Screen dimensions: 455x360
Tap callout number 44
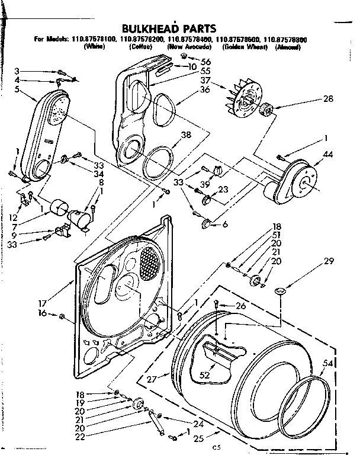(x=328, y=155)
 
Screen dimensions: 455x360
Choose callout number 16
(x=41, y=315)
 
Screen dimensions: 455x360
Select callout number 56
(x=205, y=61)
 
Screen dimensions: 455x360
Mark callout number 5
(x=17, y=89)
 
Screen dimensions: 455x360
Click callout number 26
(x=240, y=306)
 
